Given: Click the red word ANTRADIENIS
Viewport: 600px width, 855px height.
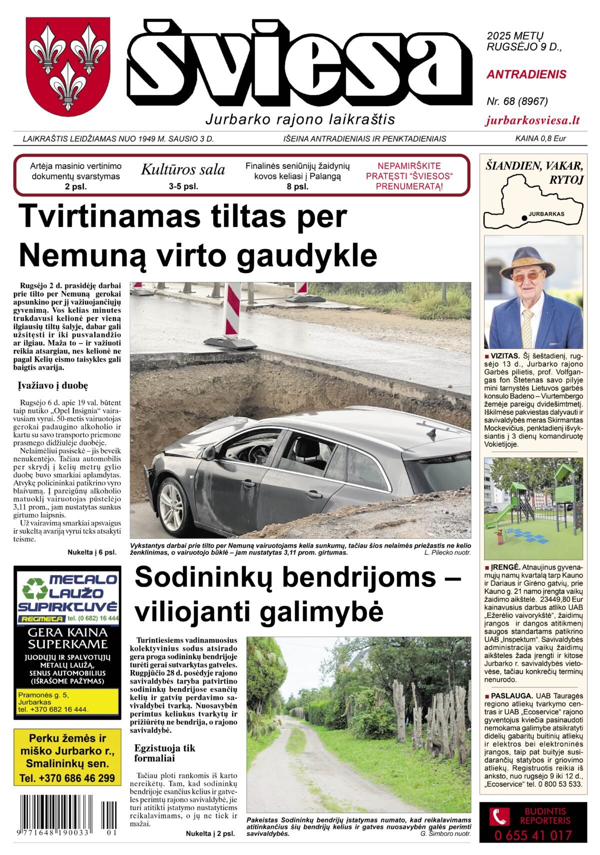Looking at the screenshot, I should click(526, 74).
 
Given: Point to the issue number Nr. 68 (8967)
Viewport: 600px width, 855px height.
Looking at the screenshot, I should click(517, 101).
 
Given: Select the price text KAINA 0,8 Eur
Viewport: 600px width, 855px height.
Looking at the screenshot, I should click(540, 138).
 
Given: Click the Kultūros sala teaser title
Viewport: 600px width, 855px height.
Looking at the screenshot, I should click(182, 170).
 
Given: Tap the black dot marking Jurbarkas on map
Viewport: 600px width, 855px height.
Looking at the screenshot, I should click(524, 218).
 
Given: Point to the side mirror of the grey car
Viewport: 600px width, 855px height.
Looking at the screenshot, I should click(209, 452).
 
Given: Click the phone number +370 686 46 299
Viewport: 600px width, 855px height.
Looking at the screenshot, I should click(67, 778).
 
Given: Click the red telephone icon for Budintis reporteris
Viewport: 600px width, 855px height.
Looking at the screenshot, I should click(498, 817).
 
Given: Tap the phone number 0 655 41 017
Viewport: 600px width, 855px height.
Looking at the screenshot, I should click(533, 835).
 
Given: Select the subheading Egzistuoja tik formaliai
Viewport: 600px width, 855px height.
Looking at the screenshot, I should click(165, 752).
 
